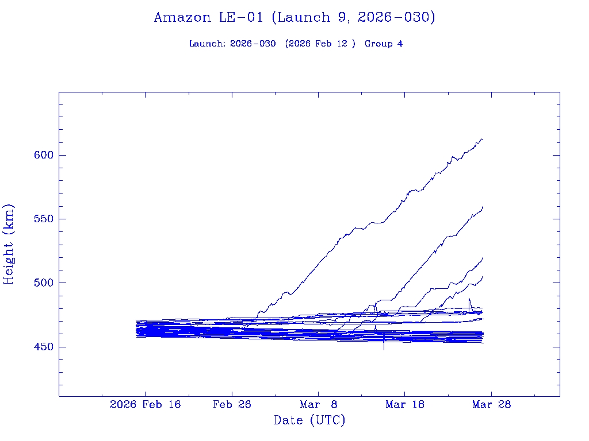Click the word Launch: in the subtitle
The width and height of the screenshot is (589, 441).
207,44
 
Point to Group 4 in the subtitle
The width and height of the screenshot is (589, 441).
384,44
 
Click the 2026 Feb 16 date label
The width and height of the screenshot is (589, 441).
145,404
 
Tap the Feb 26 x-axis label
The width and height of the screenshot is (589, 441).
232,404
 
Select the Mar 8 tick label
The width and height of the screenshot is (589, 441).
318,404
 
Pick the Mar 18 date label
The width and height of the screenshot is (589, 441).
405,404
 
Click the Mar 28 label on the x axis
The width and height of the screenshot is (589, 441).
491,404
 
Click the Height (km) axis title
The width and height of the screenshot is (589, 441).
9,244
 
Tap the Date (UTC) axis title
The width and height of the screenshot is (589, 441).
309,420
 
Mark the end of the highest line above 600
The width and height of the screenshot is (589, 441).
482,139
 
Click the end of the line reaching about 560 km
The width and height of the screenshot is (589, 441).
483,207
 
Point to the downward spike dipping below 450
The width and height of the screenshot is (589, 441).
384,349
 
